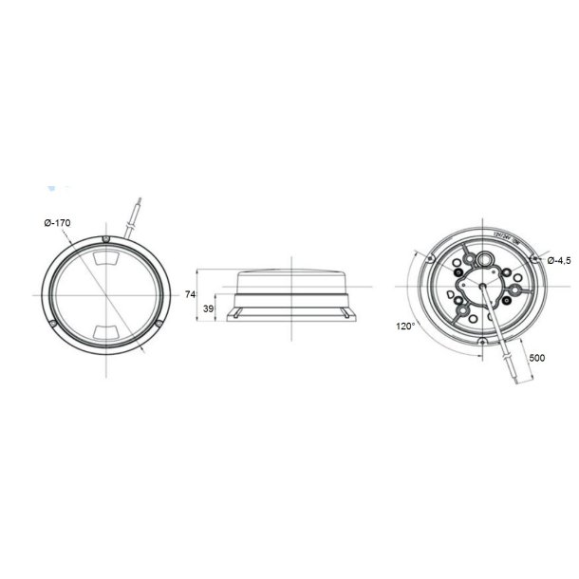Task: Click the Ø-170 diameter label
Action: pos(57,222)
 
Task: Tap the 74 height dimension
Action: pos(190,295)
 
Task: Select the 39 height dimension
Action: pos(208,309)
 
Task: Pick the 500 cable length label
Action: pos(536,357)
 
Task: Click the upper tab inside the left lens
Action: pos(106,258)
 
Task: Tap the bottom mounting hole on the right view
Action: pos(481,341)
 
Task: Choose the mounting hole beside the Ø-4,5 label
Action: pos(534,258)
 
